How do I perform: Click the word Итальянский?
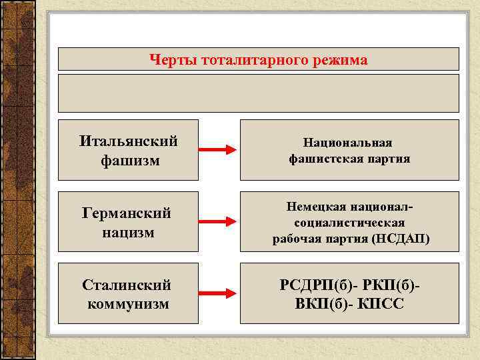pyautogui.click(x=128, y=141)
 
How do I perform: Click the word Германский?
pyautogui.click(x=127, y=213)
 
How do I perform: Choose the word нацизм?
pyautogui.click(x=128, y=233)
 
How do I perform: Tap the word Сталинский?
pyautogui.click(x=127, y=285)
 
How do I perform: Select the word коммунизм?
pyautogui.click(x=128, y=304)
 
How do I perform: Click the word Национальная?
pyautogui.click(x=348, y=142)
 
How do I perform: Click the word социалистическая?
pyautogui.click(x=349, y=223)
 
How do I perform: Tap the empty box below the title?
pyautogui.click(x=258, y=93)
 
